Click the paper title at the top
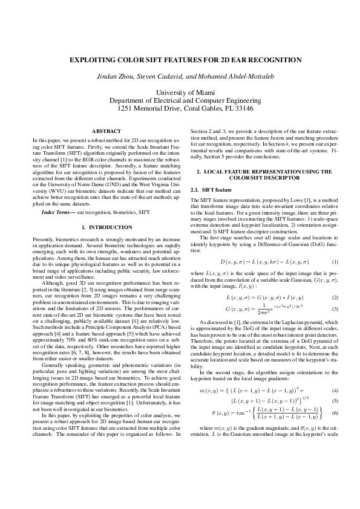[x=180, y=61]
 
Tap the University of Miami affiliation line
[x=180, y=92]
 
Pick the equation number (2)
[x=335, y=298]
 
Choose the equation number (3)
[x=335, y=309]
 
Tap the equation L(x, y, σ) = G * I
[x=264, y=298]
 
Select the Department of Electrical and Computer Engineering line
[x=180, y=100]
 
